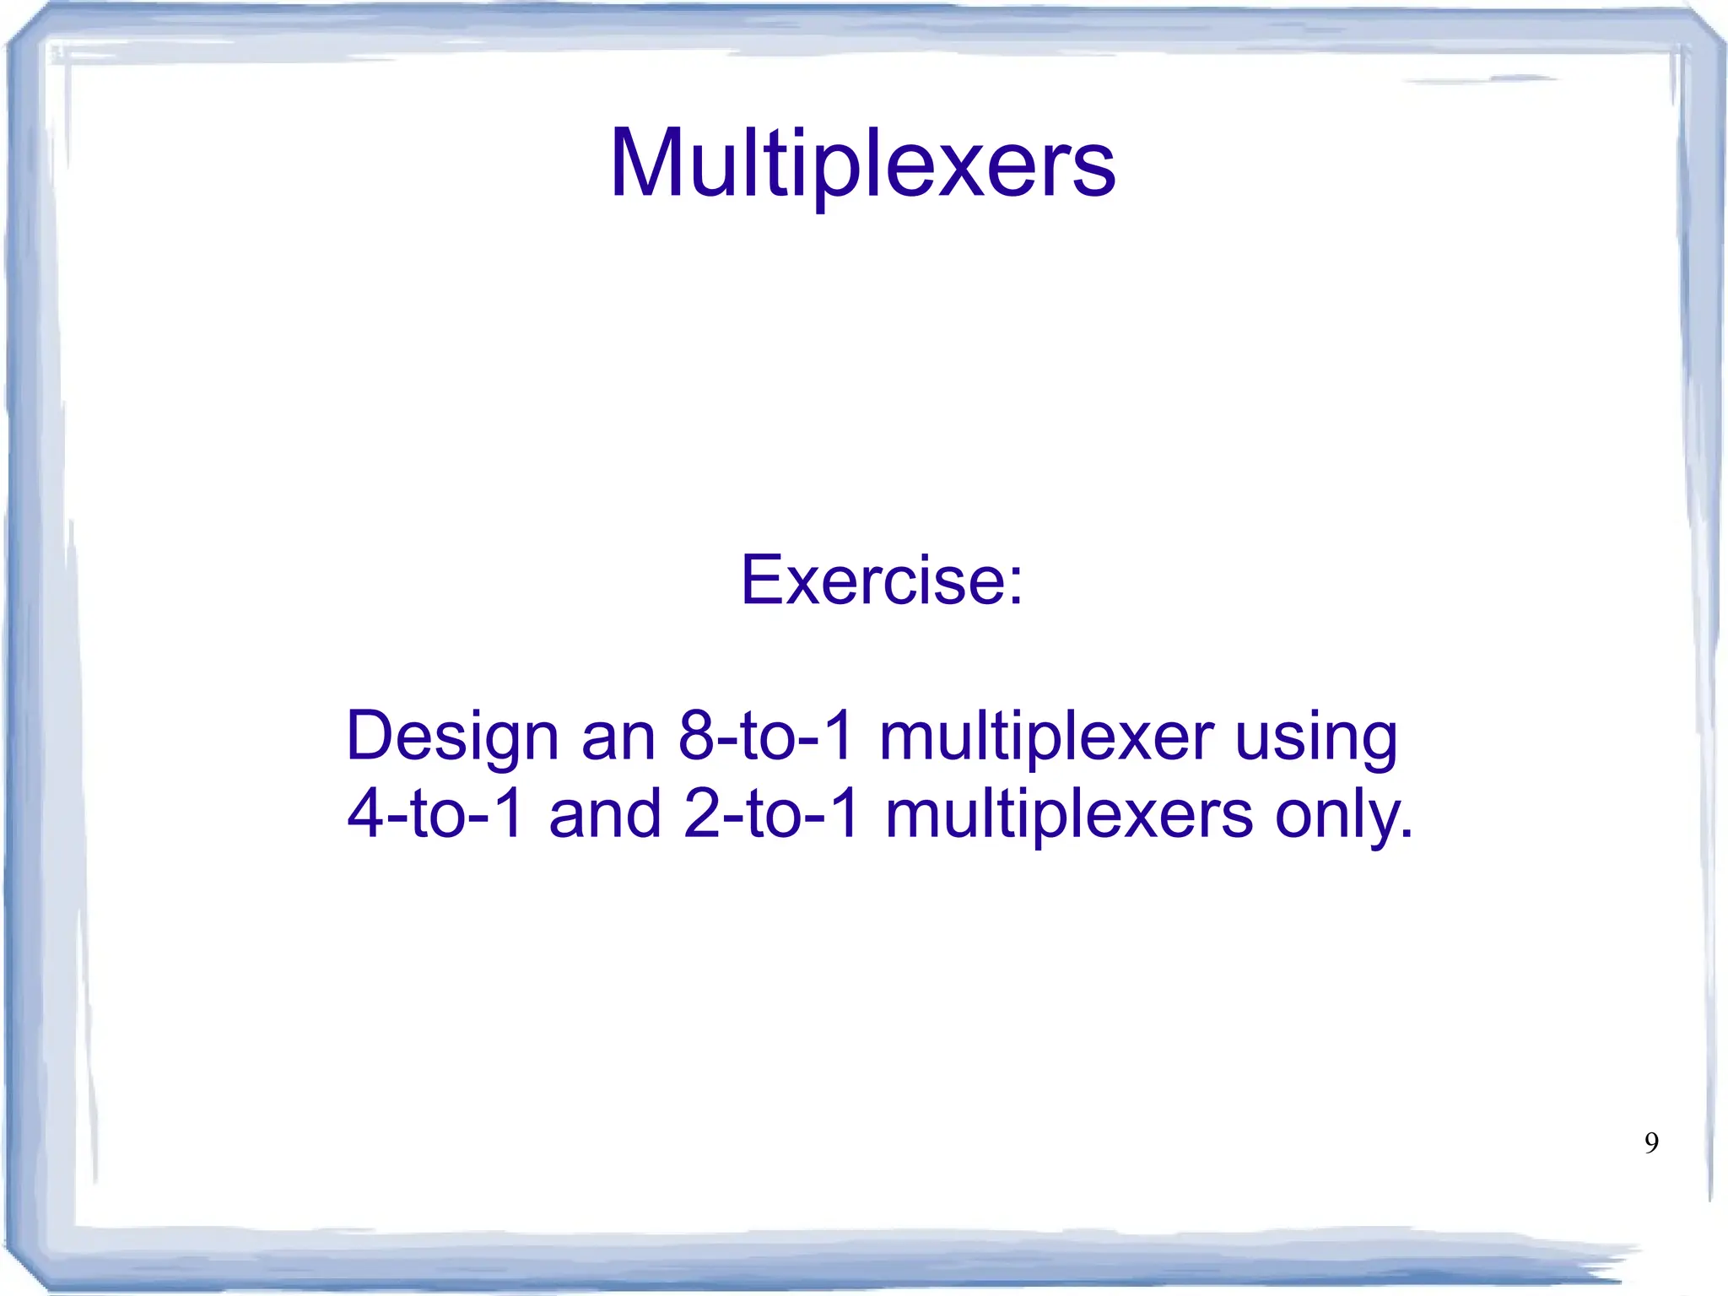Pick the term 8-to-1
coord(766,736)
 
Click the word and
coord(604,813)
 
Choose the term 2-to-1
coord(771,813)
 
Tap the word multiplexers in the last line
coord(1069,813)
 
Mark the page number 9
coord(1651,1142)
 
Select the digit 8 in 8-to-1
coord(697,736)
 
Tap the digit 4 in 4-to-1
coord(366,813)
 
